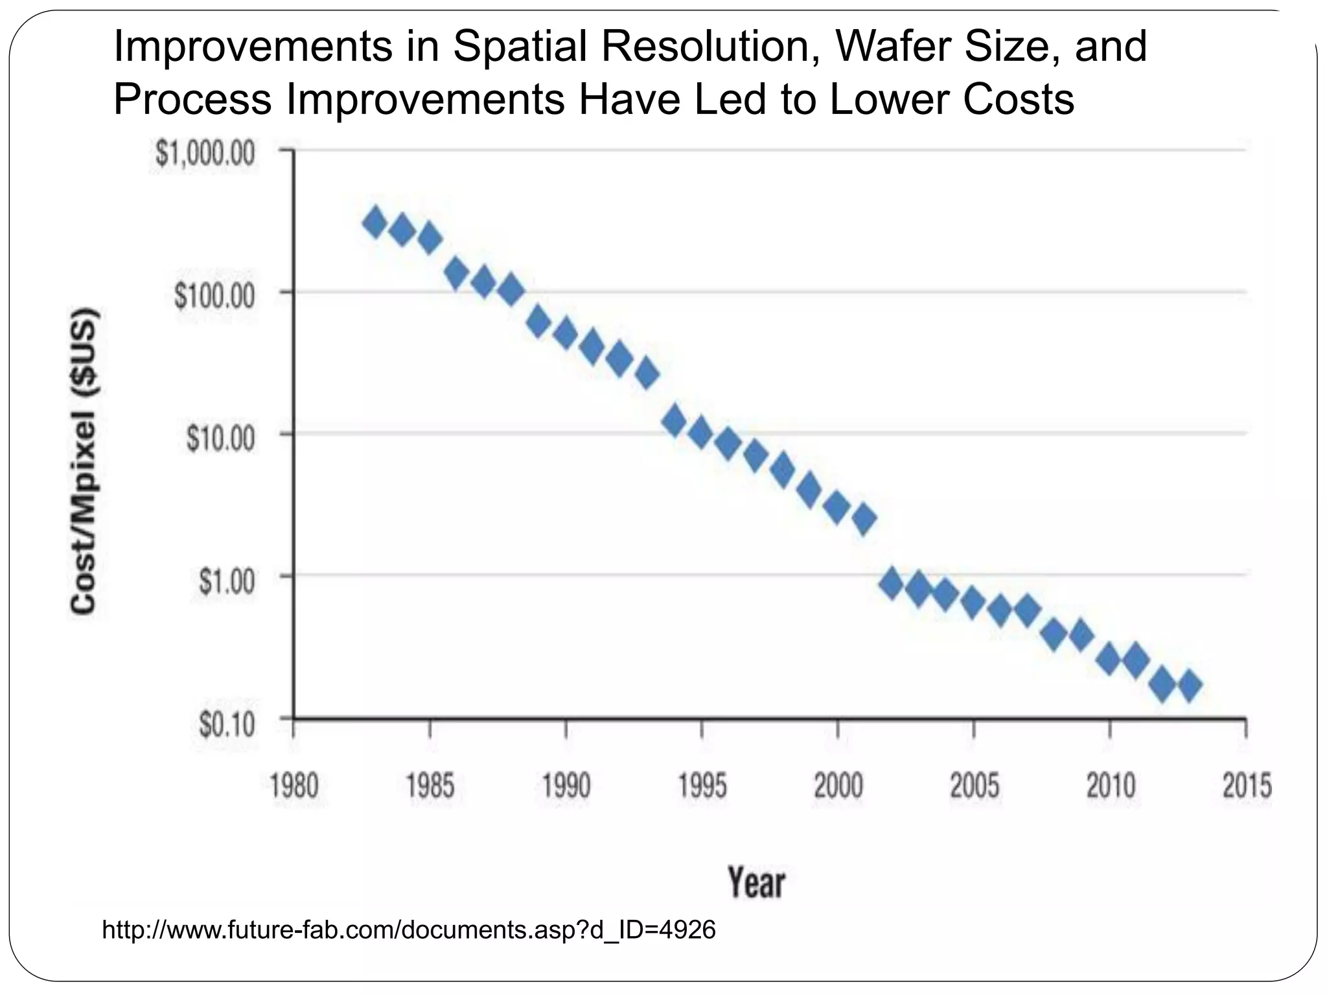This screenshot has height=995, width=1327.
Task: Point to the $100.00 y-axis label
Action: tap(214, 296)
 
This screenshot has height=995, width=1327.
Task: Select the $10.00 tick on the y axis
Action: tap(220, 439)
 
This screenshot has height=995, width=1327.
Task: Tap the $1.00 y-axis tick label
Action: tap(226, 581)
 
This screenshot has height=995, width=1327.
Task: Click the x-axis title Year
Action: tap(756, 882)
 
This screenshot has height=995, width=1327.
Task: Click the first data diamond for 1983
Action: tap(375, 223)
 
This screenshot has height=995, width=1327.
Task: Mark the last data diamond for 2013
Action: tap(1190, 685)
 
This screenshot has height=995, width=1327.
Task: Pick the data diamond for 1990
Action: tap(565, 333)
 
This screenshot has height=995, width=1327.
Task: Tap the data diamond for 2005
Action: tap(973, 602)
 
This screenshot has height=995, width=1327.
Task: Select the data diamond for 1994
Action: tap(675, 420)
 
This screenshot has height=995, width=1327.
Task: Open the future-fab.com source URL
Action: tap(409, 930)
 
